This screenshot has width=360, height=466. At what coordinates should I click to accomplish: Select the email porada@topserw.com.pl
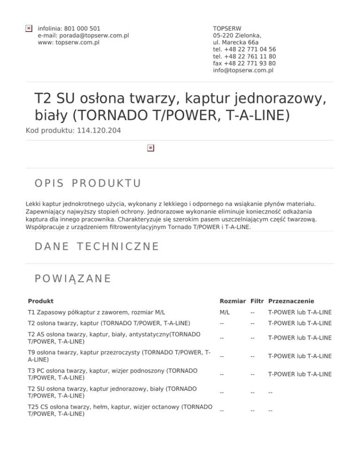[x=83, y=36]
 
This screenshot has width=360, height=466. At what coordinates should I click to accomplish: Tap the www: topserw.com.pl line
[x=68, y=43]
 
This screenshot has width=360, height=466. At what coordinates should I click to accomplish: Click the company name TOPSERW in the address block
[x=227, y=29]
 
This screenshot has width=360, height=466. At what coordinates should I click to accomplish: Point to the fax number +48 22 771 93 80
[x=244, y=63]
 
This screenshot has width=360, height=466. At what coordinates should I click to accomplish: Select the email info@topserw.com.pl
[x=243, y=70]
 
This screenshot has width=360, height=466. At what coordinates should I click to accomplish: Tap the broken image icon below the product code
[x=150, y=148]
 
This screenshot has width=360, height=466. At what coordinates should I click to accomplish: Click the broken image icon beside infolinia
[x=29, y=29]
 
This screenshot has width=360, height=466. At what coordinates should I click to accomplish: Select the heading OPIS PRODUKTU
[x=88, y=183]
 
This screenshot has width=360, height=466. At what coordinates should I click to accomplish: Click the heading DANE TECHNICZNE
[x=97, y=246]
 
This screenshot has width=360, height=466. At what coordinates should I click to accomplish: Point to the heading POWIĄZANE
[x=73, y=278]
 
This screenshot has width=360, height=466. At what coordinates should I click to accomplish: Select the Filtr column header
[x=257, y=301]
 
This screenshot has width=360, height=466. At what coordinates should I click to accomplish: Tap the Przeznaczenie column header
[x=291, y=301]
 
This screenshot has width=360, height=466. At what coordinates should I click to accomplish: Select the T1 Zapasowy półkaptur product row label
[x=96, y=313]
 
